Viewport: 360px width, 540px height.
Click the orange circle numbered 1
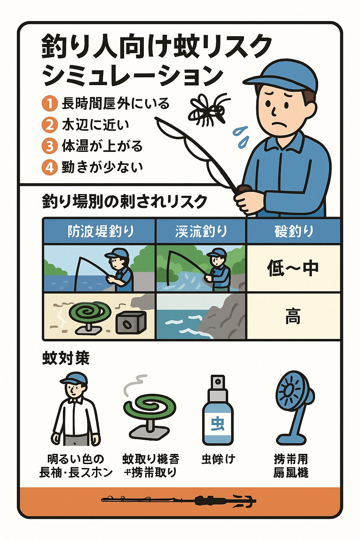[x=50, y=104]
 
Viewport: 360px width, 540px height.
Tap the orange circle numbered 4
[x=50, y=167]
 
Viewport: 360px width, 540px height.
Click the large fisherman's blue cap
[x=285, y=76]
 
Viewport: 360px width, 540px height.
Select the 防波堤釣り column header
[x=99, y=231]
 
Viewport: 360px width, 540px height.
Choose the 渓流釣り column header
[x=201, y=231]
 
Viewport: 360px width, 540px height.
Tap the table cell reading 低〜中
[x=293, y=268]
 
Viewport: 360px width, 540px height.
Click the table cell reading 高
[x=293, y=316]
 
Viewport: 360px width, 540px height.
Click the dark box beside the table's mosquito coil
[x=130, y=322]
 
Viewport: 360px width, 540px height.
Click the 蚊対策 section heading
[x=66, y=358]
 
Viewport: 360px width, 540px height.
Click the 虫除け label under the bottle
[x=218, y=459]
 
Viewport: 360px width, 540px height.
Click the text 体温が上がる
[x=102, y=146]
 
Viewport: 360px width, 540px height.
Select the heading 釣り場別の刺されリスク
[x=124, y=202]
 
